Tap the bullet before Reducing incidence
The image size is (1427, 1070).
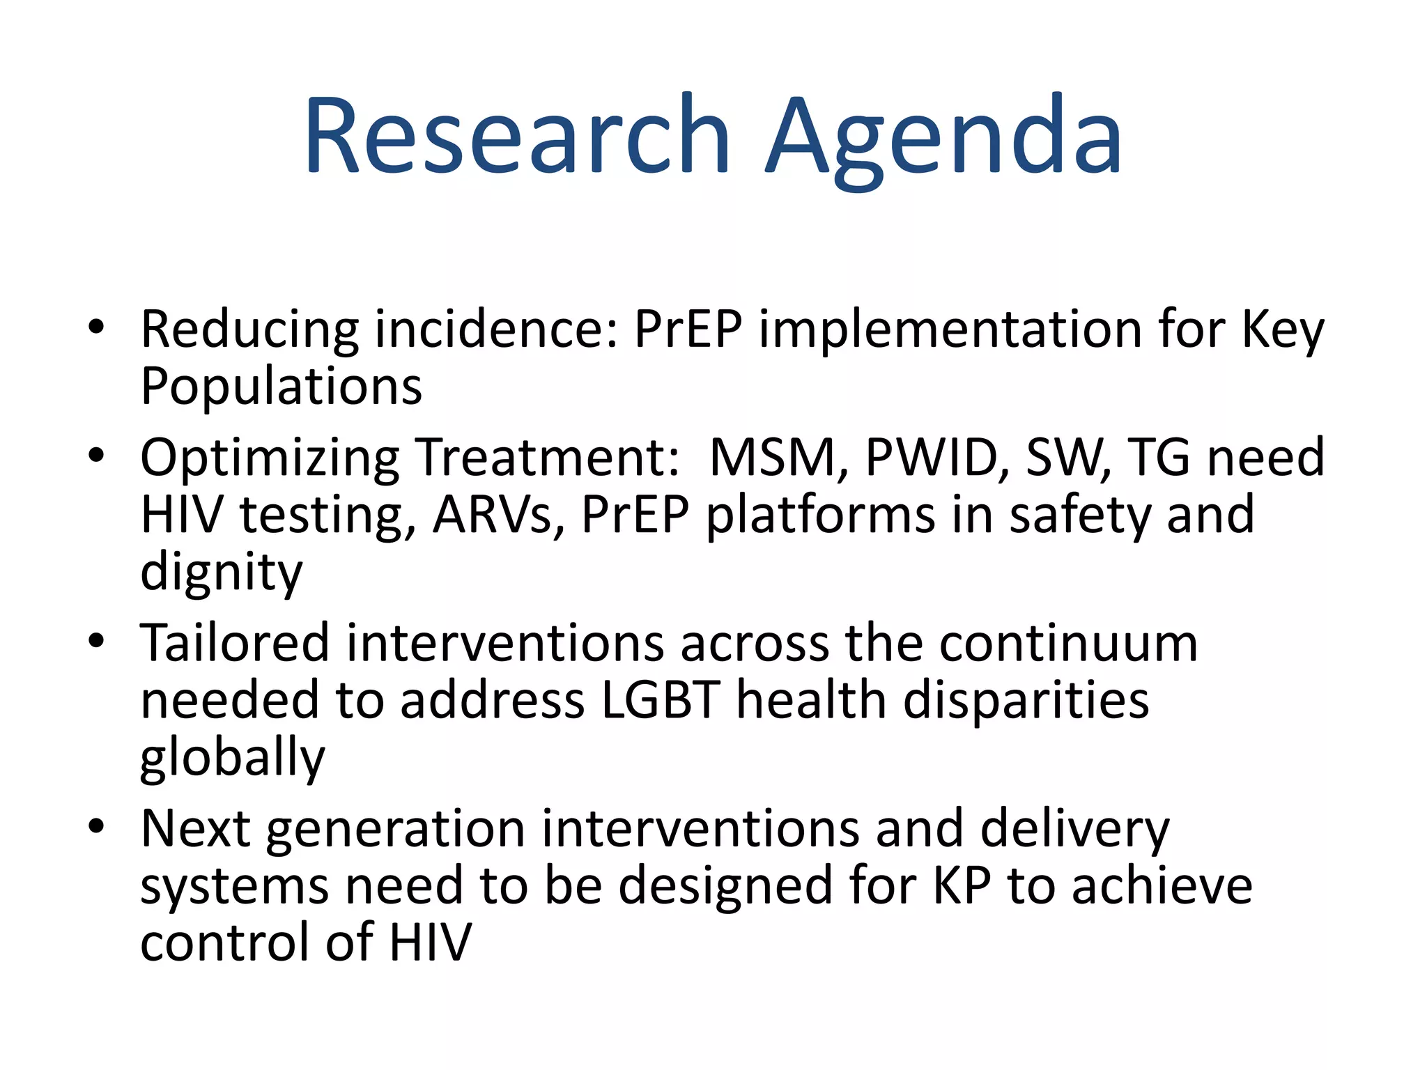pyautogui.click(x=96, y=326)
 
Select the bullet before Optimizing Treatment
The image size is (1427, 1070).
pyautogui.click(x=96, y=455)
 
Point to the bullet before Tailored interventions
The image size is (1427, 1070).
pyautogui.click(x=96, y=640)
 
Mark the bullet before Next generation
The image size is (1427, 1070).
pyautogui.click(x=96, y=826)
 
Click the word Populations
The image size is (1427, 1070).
pyautogui.click(x=281, y=386)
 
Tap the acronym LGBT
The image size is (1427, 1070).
pyautogui.click(x=659, y=700)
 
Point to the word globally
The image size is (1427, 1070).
pyautogui.click(x=232, y=758)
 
